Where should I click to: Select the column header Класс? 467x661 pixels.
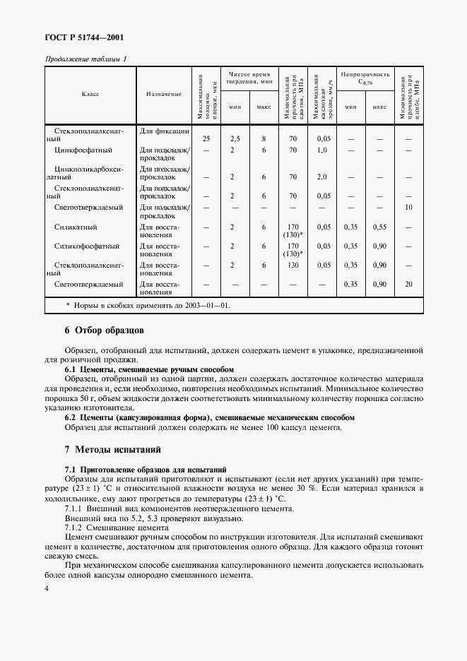coord(90,94)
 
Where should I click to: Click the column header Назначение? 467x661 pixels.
coord(164,94)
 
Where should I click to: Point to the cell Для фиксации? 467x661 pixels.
coord(163,131)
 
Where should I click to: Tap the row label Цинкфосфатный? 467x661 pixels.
coord(83,150)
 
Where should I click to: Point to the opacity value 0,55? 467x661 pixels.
coord(379,227)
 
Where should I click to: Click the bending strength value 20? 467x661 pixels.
coord(408,284)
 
